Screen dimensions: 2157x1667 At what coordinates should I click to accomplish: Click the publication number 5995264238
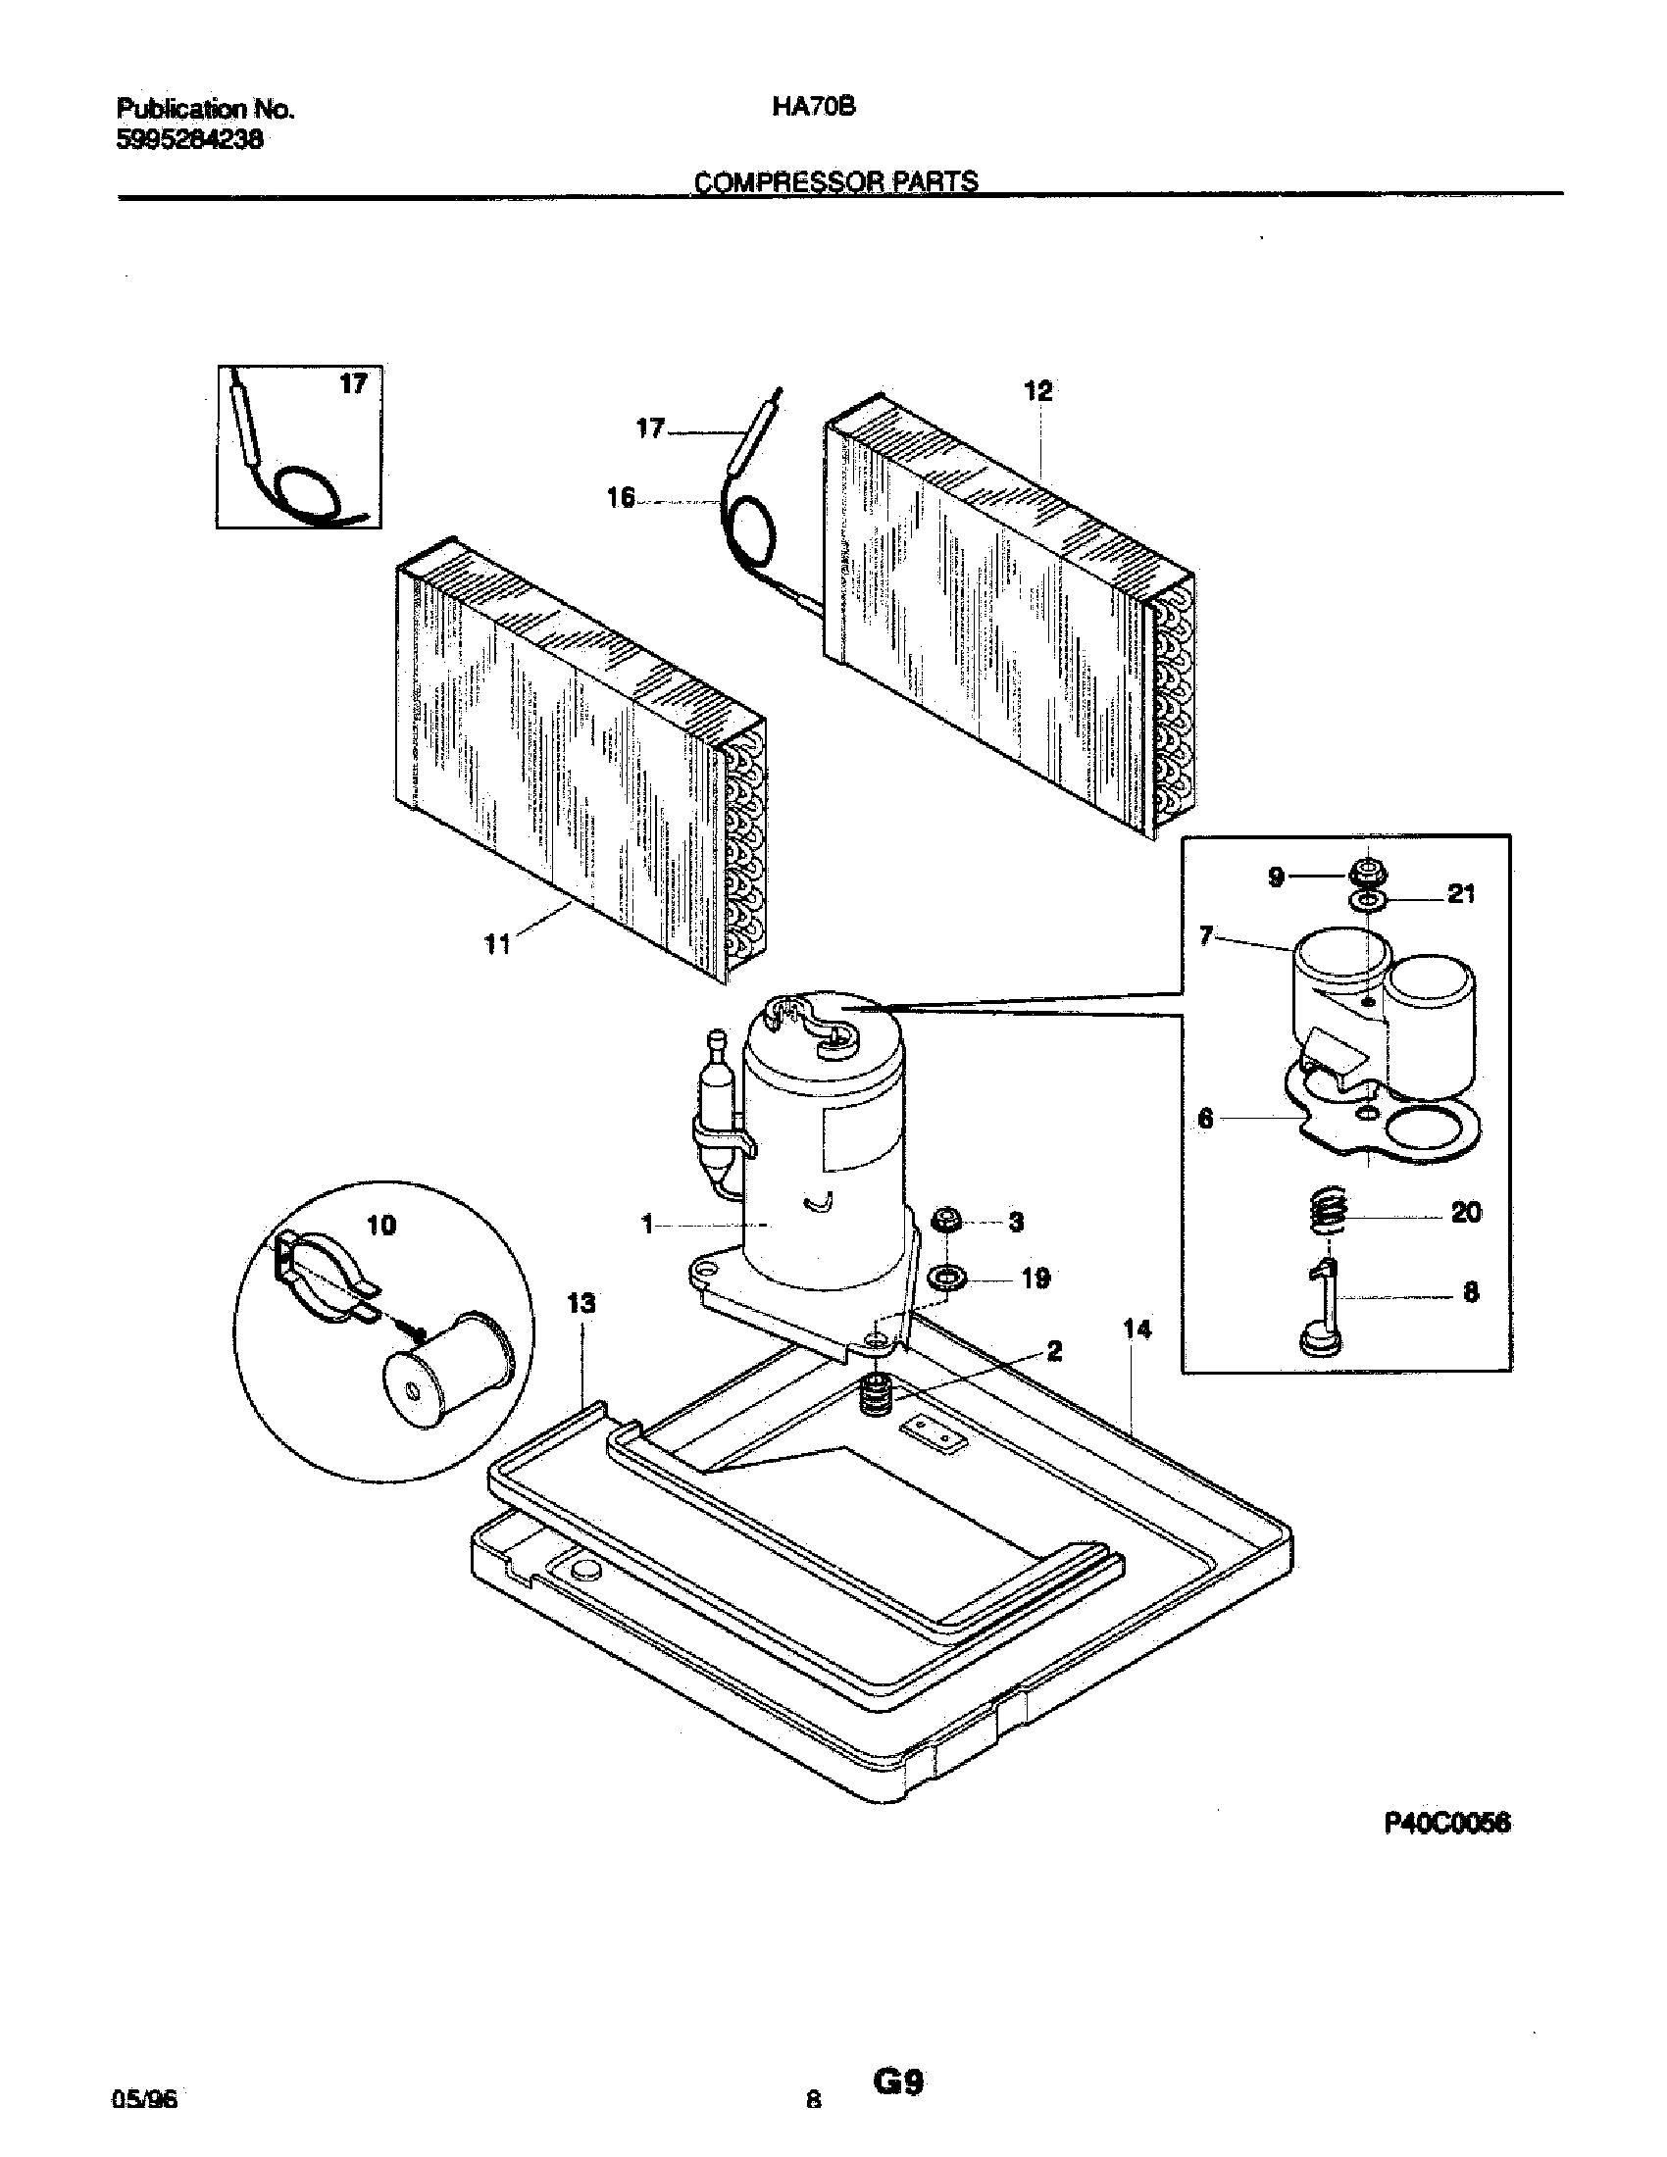click(189, 140)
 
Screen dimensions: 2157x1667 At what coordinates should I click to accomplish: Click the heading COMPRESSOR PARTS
click(835, 181)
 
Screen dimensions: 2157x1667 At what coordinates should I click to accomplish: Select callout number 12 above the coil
click(1037, 391)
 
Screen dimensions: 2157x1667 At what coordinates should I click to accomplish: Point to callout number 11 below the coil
click(498, 945)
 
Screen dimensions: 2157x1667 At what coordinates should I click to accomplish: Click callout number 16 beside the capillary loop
click(620, 499)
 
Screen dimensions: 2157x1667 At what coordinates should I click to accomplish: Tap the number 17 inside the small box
click(353, 384)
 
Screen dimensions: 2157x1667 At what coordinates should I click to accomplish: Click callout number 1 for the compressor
click(648, 1225)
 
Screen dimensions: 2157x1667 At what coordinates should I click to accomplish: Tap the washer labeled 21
click(1367, 900)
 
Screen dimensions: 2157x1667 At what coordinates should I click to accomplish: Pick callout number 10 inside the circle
click(381, 1226)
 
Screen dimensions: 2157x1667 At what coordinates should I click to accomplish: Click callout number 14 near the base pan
click(1137, 1329)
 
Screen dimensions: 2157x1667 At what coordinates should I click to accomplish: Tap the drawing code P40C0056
click(1446, 1826)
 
